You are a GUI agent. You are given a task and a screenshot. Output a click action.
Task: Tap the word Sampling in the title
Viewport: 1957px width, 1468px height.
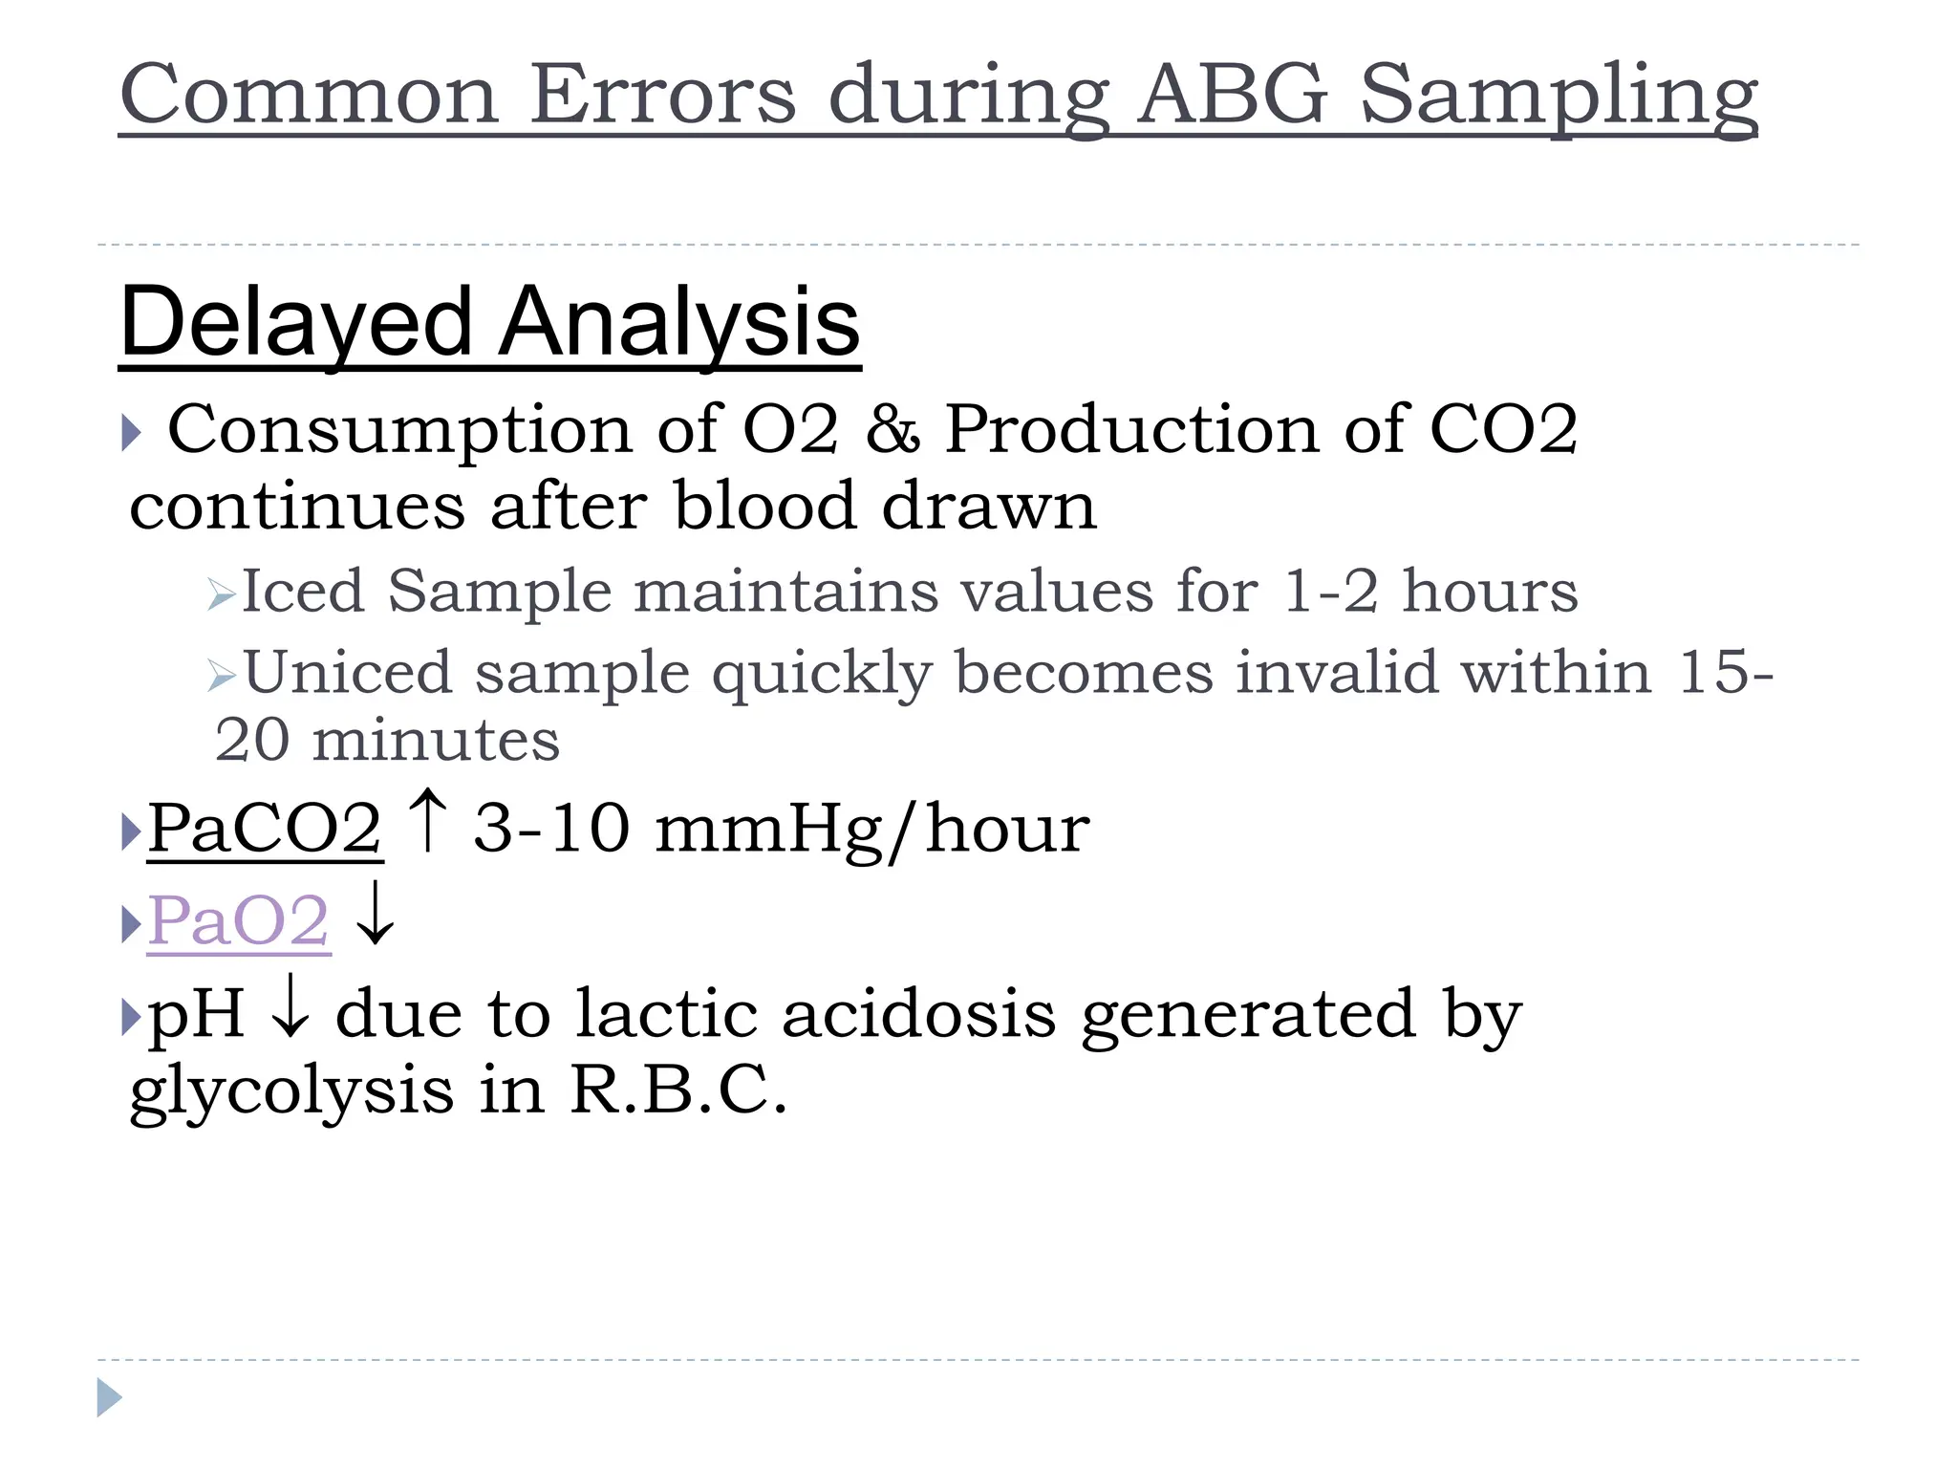tap(1559, 96)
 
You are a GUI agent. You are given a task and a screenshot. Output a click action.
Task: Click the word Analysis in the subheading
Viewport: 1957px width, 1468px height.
tap(679, 323)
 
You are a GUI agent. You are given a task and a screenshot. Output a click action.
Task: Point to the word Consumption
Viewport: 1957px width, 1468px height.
tap(399, 430)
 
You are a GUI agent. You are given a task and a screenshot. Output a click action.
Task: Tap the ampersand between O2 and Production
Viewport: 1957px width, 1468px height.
tap(892, 429)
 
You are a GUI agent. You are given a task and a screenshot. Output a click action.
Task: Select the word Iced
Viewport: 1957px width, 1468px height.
tap(303, 591)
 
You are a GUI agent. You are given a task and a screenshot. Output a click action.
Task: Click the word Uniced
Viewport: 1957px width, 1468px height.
tap(348, 672)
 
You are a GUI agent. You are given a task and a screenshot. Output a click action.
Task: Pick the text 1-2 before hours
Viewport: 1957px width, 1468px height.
tap(1330, 591)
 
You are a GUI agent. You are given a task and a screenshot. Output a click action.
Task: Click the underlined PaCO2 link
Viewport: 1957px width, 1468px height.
tap(265, 828)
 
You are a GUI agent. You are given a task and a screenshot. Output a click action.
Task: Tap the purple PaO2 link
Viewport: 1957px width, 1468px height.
tap(239, 921)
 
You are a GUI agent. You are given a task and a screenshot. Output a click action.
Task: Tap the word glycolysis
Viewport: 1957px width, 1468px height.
tap(291, 1091)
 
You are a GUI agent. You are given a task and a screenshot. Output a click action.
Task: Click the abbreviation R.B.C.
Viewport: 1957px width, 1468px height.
tap(678, 1090)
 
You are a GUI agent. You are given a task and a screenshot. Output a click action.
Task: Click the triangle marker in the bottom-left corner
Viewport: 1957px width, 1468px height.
tap(109, 1397)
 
